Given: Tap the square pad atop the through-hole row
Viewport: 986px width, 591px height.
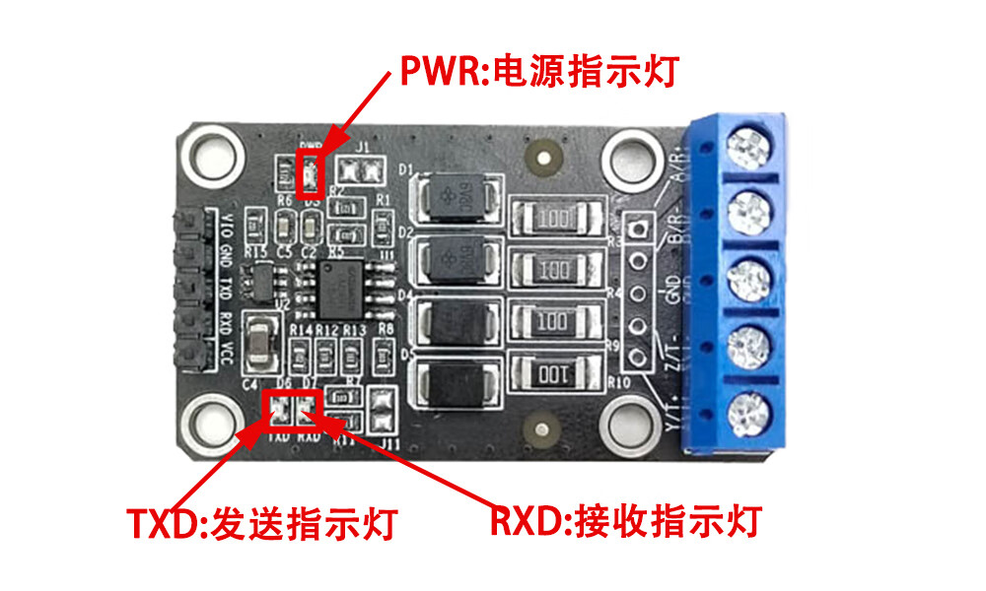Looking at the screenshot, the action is pos(638,229).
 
